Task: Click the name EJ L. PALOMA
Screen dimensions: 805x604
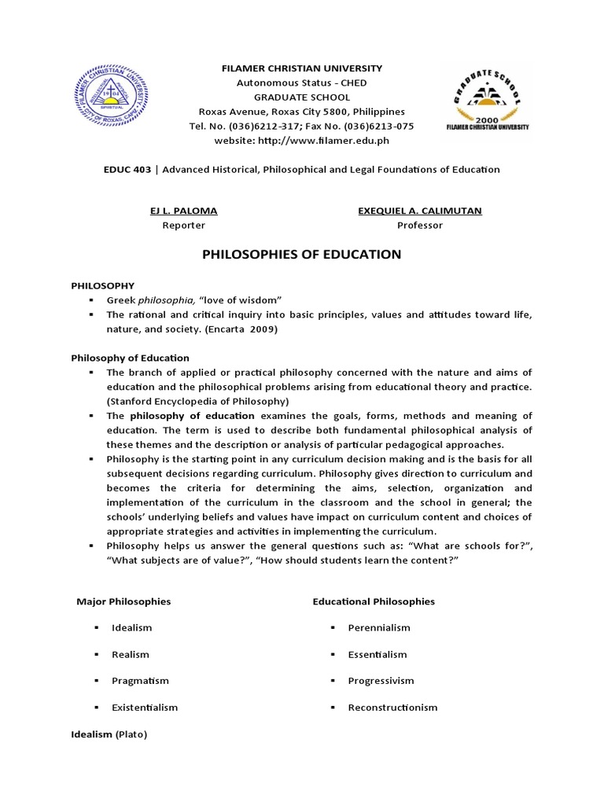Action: [x=183, y=211]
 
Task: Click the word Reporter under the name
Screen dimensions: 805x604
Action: [x=183, y=225]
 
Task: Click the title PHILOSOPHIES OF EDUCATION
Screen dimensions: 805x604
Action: [x=302, y=255]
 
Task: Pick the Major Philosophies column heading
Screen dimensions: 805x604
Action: [x=123, y=601]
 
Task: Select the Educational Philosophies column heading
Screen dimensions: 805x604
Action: [x=374, y=601]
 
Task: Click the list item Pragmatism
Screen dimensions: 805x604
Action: [x=140, y=681]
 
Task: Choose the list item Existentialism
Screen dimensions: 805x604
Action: [x=145, y=708]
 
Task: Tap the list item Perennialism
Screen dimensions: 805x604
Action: [x=379, y=627]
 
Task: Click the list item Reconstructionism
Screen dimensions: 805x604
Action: [x=392, y=708]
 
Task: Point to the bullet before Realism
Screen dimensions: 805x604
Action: [x=94, y=654]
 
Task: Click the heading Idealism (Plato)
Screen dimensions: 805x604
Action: [x=109, y=734]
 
